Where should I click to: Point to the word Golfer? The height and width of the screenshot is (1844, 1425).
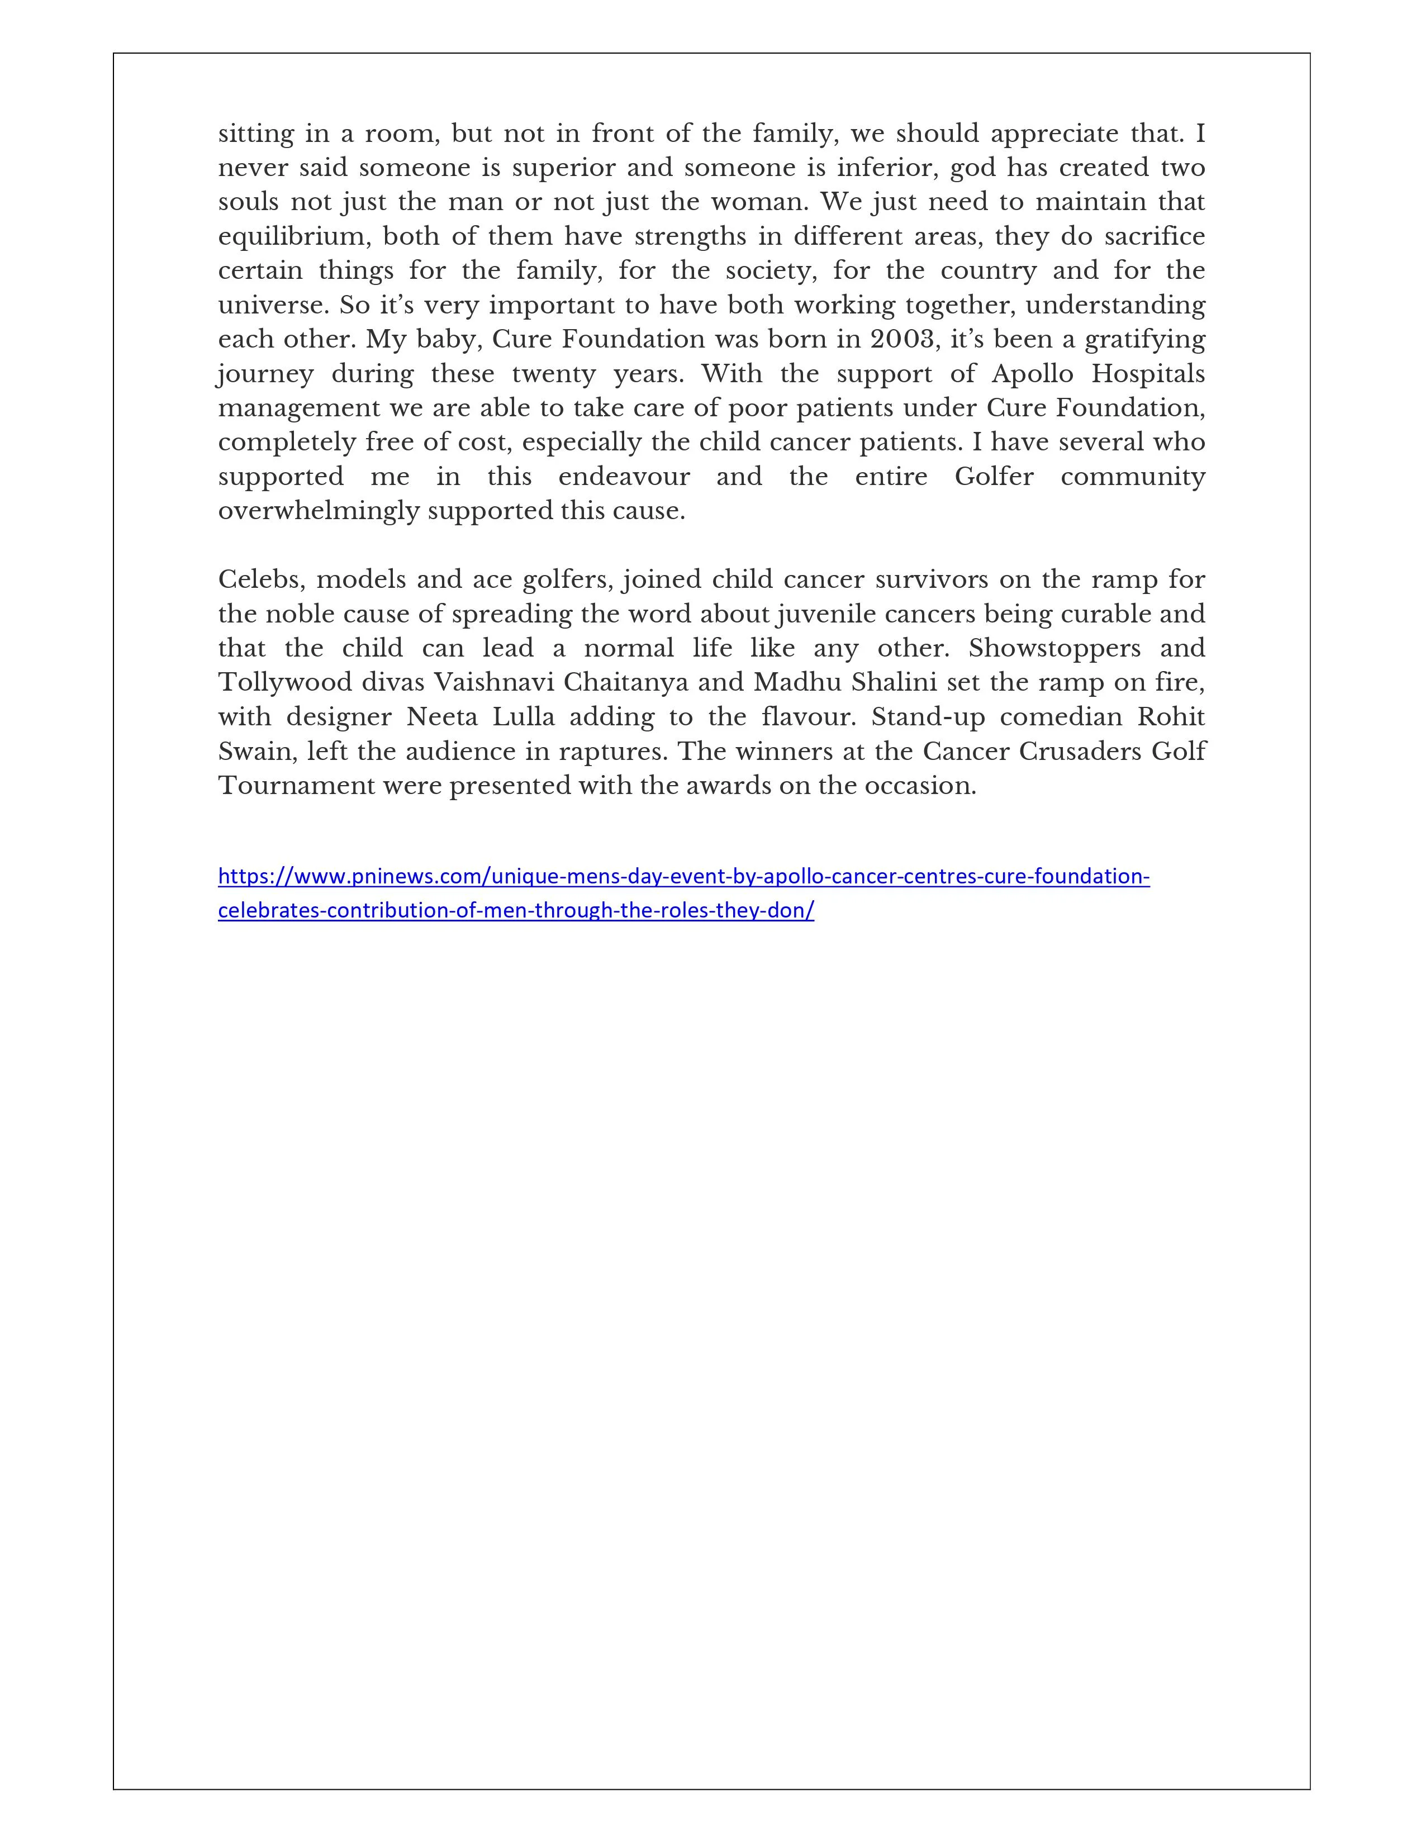pos(994,477)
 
